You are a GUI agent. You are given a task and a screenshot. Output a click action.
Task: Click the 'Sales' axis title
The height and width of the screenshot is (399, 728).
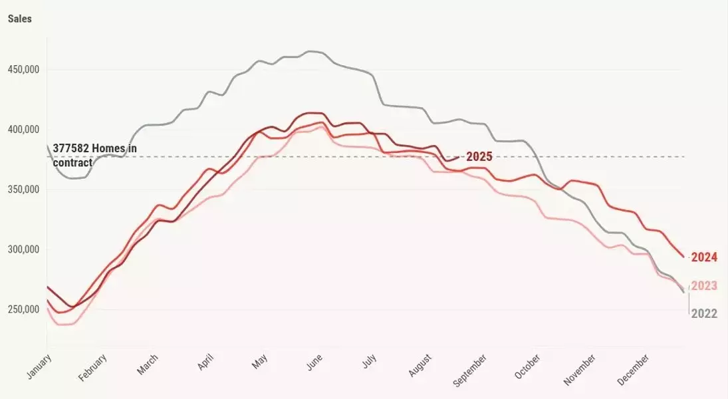point(20,19)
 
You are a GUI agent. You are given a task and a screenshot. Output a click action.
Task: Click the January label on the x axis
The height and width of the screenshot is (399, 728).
point(39,366)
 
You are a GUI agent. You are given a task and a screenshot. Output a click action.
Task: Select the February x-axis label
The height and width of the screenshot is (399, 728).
point(92,368)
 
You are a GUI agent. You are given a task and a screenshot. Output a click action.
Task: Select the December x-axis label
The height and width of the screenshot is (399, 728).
point(634,369)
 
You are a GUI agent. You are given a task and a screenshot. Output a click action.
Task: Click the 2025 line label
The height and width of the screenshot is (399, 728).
point(479,157)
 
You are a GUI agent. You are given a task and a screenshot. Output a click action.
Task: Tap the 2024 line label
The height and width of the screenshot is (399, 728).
point(704,257)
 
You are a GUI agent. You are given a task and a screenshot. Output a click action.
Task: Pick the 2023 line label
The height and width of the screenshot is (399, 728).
point(704,286)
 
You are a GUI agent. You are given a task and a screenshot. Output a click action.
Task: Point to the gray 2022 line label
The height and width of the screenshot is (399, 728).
point(704,314)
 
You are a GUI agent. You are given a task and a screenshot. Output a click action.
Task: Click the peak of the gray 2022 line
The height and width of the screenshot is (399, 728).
point(310,51)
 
